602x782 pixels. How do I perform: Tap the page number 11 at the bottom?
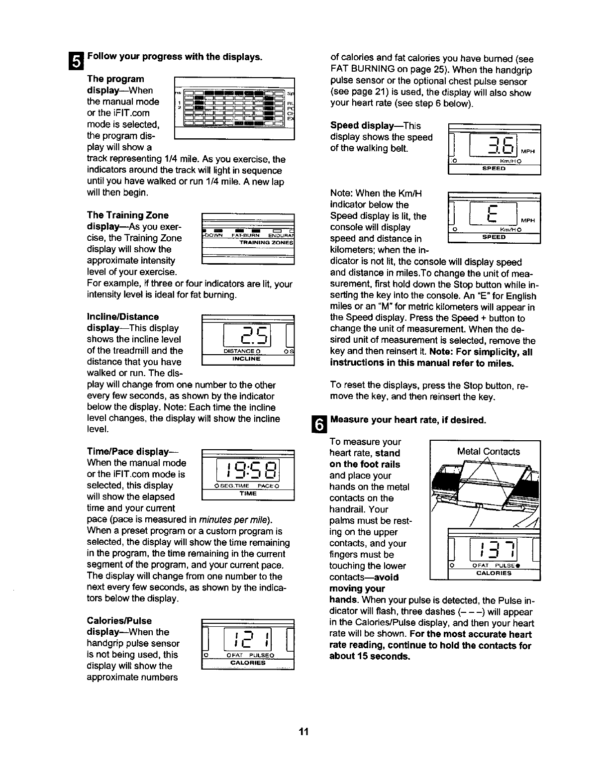point(304,732)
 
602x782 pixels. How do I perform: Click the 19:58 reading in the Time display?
point(247,469)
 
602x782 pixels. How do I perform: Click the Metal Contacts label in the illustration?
point(488,451)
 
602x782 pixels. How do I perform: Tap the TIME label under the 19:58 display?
point(247,493)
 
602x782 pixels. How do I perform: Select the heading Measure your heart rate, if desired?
point(407,420)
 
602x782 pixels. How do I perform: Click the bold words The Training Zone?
point(127,215)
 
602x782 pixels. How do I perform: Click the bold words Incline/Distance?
point(123,316)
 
